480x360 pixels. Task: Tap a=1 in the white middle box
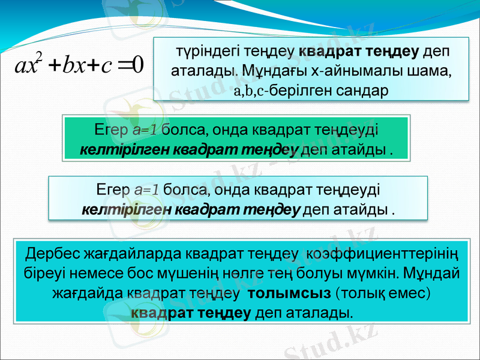pos(147,190)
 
